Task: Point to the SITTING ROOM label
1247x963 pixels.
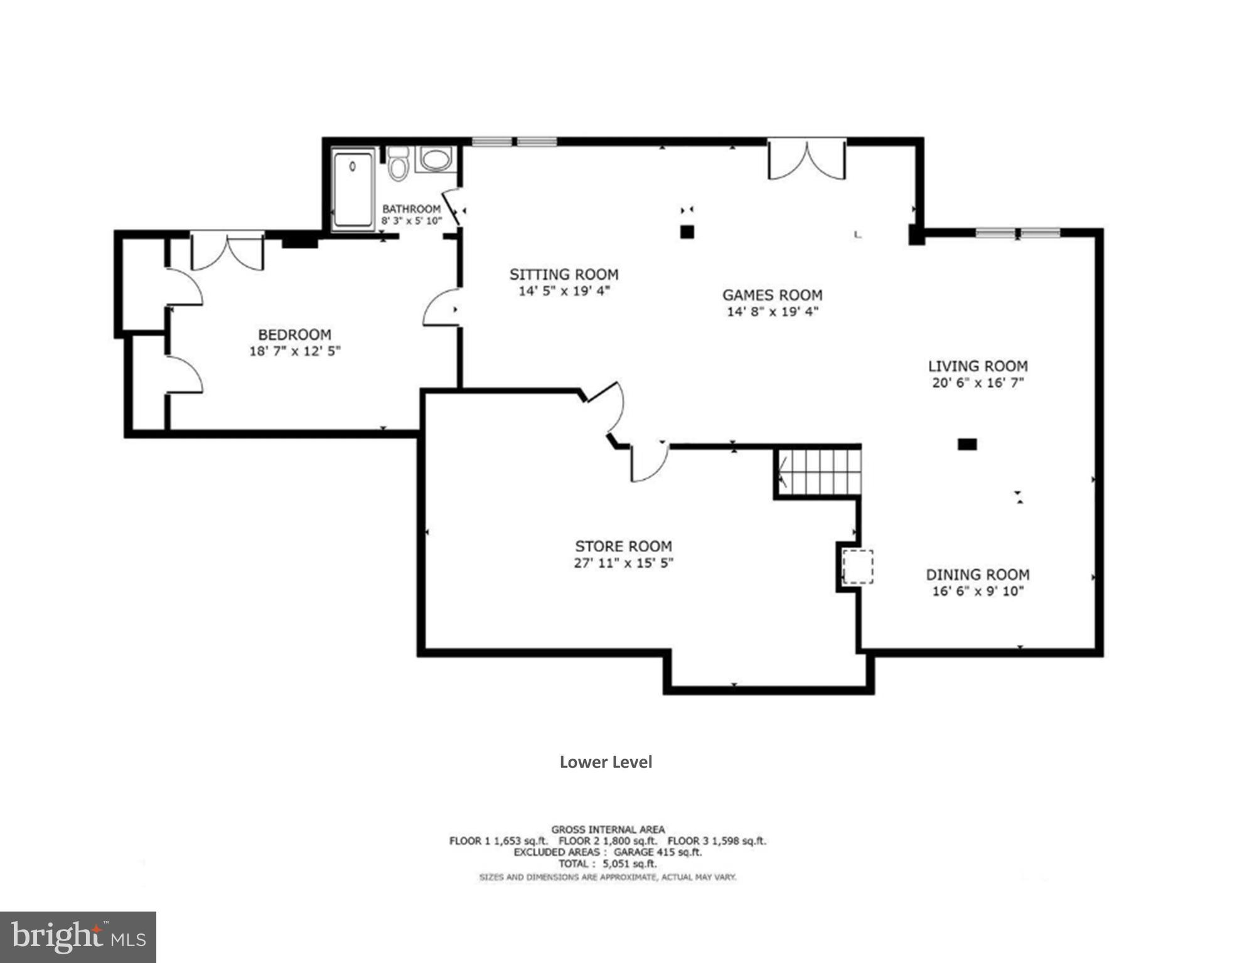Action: pyautogui.click(x=564, y=274)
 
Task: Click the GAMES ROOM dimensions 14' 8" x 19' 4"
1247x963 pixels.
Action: pyautogui.click(x=772, y=312)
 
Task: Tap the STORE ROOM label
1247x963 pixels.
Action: pyautogui.click(x=623, y=546)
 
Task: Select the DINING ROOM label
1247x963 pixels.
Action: pyautogui.click(x=977, y=574)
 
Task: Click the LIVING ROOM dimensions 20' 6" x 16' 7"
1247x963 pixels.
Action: pyautogui.click(x=977, y=383)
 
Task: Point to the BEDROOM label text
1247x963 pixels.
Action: pyautogui.click(x=294, y=334)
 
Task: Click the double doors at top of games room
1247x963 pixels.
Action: pyautogui.click(x=806, y=161)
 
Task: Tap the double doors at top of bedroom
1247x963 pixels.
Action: pyautogui.click(x=227, y=251)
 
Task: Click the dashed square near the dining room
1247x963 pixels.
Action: pyautogui.click(x=857, y=567)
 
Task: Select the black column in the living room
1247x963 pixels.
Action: pyautogui.click(x=966, y=444)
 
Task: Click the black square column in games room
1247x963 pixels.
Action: pyautogui.click(x=687, y=232)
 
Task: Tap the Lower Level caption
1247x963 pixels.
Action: pyautogui.click(x=606, y=762)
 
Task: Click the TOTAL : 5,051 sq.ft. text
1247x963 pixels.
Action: pyautogui.click(x=607, y=864)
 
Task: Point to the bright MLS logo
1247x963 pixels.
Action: pyautogui.click(x=78, y=937)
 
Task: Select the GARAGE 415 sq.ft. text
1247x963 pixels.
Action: pyautogui.click(x=657, y=852)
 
